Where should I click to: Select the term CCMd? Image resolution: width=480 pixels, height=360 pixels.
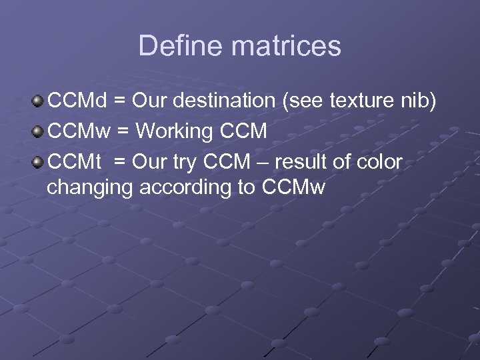click(x=77, y=101)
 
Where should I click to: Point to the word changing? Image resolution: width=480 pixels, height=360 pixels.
click(x=90, y=189)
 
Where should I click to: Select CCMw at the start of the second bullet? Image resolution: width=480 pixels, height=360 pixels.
click(x=79, y=131)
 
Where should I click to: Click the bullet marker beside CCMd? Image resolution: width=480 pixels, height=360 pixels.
click(x=37, y=101)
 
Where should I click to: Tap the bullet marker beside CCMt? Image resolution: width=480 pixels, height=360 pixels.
click(x=37, y=161)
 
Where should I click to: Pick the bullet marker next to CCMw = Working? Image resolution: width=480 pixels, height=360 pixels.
click(x=37, y=131)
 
